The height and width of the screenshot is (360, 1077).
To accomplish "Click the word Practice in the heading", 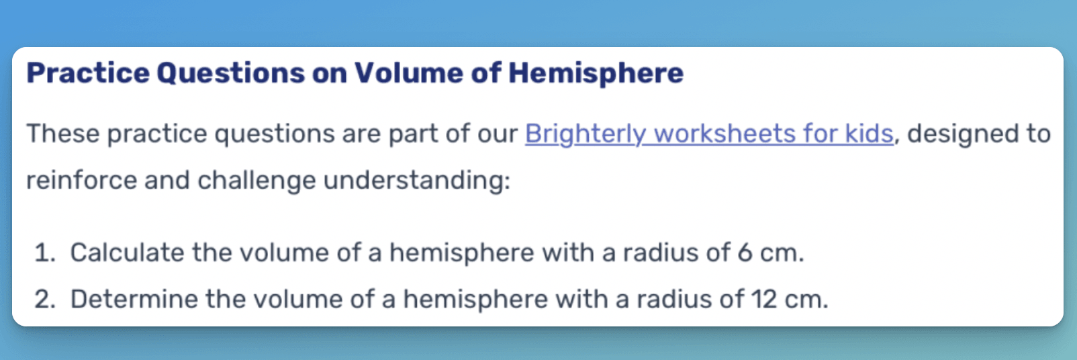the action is pos(88,73).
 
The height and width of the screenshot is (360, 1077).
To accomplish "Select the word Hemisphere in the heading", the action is pos(596,73).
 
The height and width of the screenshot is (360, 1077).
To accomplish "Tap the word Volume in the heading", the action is pos(409,73).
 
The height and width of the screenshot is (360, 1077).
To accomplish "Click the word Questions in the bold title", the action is pos(231,73).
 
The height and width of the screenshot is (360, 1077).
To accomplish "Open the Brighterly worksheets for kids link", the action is pos(709,134).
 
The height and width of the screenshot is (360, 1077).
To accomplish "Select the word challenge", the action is pos(256,181).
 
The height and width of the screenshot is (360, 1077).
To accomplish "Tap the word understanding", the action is pos(416,181).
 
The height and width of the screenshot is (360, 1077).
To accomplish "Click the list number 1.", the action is pos(45,253).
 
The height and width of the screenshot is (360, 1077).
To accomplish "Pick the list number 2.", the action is pos(45,300).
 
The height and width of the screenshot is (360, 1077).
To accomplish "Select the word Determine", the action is pos(134,299).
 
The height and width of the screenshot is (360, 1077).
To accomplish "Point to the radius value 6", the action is pos(745,253).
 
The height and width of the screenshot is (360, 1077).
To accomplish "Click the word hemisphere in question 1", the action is pos(461,253).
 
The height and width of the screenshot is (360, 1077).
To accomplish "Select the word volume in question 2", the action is pos(298,299).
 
